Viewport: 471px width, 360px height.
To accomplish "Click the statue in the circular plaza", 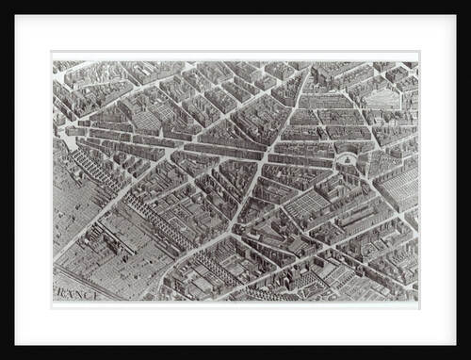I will click(x=346, y=160).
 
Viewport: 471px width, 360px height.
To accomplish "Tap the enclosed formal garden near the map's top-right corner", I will click(x=382, y=97).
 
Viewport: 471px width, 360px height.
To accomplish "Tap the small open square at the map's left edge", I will click(x=68, y=142).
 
